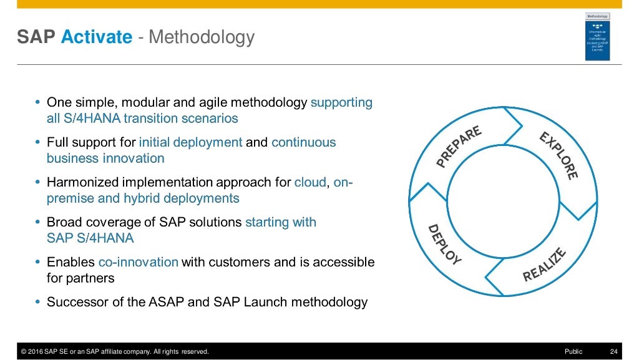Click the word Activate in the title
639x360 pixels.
pyautogui.click(x=97, y=37)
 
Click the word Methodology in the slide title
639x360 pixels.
pyautogui.click(x=202, y=37)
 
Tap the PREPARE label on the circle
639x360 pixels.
pyautogui.click(x=459, y=147)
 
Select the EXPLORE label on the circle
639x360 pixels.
pyautogui.click(x=559, y=156)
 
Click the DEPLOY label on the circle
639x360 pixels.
pyautogui.click(x=444, y=245)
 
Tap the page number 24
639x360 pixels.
pyautogui.click(x=613, y=352)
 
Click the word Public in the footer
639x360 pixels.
pyautogui.click(x=573, y=352)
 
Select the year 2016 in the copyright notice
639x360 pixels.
pyautogui.click(x=36, y=352)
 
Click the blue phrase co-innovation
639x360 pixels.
pyautogui.click(x=138, y=262)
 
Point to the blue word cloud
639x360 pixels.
pyautogui.click(x=310, y=182)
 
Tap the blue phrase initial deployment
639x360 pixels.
pyautogui.click(x=190, y=142)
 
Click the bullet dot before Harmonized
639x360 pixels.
pyautogui.click(x=37, y=182)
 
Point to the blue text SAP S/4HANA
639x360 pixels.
pyautogui.click(x=90, y=238)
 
